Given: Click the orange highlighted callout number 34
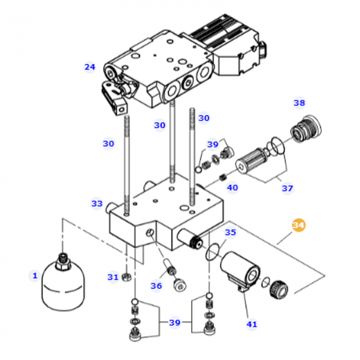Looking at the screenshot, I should [x=298, y=225].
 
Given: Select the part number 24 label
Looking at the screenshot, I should [x=90, y=67].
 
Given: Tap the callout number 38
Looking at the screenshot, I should [x=299, y=103].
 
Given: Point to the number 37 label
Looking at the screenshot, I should [x=287, y=188].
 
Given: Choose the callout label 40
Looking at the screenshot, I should [x=232, y=188].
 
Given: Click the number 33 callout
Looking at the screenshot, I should [x=97, y=204].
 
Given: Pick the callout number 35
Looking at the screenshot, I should [x=230, y=232].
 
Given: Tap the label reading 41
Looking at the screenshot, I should [x=251, y=324].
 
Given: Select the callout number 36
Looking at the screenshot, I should [x=156, y=286].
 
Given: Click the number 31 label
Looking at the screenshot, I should [x=113, y=277].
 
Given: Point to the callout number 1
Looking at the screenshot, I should [x=35, y=276].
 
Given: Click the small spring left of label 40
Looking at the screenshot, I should [x=223, y=178].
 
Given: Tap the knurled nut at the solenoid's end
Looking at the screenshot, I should [x=280, y=287].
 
